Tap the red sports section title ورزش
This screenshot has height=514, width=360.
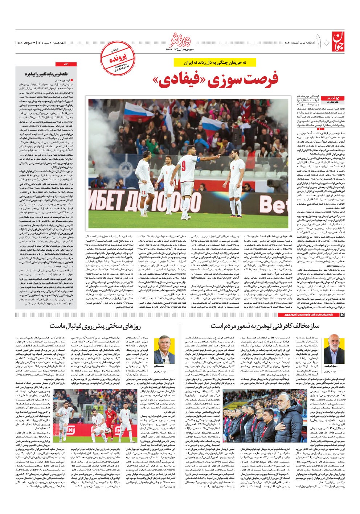pyautogui.click(x=180, y=38)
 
